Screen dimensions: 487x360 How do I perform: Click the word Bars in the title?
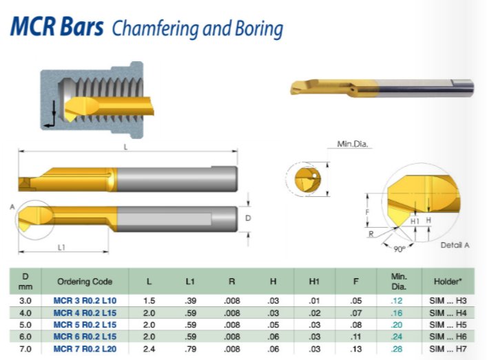coord(81,27)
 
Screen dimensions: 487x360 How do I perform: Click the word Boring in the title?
coord(259,29)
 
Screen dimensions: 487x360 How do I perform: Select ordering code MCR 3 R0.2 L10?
coord(85,300)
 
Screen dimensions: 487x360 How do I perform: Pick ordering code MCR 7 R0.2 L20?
coord(85,349)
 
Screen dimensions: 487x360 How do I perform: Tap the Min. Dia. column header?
coord(399,281)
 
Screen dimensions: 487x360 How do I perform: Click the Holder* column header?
coord(448,282)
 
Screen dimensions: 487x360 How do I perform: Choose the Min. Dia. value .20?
coord(397,325)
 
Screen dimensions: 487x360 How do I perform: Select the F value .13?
coord(356,349)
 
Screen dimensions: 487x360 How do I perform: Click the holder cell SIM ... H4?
coord(448,313)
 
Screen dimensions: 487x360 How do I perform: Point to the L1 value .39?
coord(190,300)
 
